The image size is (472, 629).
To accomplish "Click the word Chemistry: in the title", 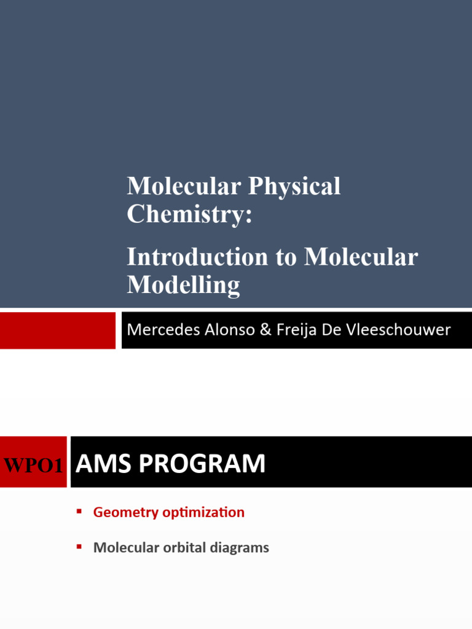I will pos(189,214).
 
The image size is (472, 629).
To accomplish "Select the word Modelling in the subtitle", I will pos(183,285).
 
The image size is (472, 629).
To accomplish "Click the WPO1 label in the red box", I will pos(33,465).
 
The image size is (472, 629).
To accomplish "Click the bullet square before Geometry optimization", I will pos(79,511).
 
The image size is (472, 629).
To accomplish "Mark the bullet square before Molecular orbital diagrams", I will pos(79,546).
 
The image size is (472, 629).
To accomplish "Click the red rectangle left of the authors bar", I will pos(57,330).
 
